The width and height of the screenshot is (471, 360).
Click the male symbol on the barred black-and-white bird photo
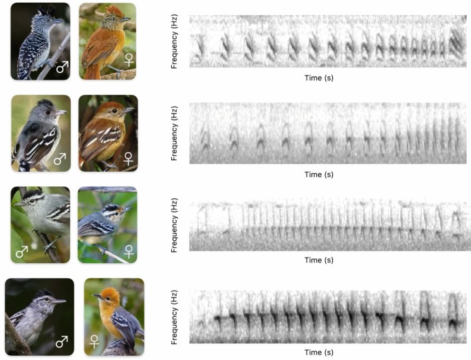point(63,67)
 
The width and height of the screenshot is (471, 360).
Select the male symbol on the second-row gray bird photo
point(60,159)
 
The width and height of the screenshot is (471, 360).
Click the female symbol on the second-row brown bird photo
point(129,159)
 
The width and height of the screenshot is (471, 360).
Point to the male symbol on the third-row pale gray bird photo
point(21,251)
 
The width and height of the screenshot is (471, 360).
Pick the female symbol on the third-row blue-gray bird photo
point(129,251)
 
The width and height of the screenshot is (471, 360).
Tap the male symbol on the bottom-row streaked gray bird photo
point(62,341)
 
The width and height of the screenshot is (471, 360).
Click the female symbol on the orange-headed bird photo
point(94,341)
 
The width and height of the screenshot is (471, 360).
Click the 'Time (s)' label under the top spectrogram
point(319,78)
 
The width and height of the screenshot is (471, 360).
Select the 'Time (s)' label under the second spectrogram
point(319,175)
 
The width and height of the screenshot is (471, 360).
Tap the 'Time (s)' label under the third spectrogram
point(319,260)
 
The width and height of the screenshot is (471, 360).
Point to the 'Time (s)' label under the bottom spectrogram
point(319,352)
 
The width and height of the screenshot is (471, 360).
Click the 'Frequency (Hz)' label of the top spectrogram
point(174,41)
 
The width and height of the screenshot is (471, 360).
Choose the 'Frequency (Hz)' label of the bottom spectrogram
point(174,317)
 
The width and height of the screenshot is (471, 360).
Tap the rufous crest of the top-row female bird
point(115,12)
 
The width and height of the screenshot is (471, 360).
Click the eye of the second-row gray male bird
point(48,112)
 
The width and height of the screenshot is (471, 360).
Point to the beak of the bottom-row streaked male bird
point(59,302)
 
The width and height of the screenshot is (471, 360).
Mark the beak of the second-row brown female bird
point(128,110)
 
